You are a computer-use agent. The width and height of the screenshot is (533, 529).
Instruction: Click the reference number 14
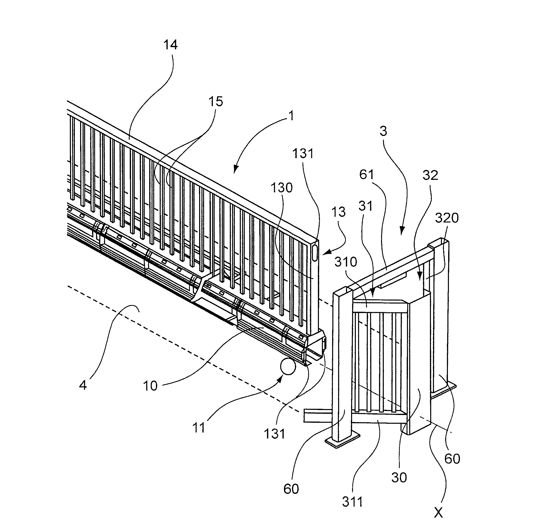click(x=170, y=45)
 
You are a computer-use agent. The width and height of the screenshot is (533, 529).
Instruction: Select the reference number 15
click(x=215, y=102)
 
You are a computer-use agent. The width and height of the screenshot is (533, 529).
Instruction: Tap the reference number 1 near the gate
click(x=291, y=116)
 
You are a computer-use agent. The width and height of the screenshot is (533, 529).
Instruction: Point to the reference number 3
click(x=383, y=131)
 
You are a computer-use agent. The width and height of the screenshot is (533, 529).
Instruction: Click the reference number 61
click(x=367, y=175)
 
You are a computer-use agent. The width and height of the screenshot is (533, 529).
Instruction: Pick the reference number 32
click(x=430, y=175)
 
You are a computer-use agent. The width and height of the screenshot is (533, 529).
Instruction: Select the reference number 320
click(x=447, y=218)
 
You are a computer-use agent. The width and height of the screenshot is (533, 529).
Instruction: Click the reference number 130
click(x=281, y=188)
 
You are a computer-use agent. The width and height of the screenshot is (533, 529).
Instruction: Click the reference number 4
click(x=83, y=385)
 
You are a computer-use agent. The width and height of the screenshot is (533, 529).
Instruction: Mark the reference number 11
click(x=199, y=428)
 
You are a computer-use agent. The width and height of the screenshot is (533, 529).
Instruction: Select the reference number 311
click(x=352, y=502)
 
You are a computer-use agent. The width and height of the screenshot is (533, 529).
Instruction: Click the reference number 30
click(x=399, y=477)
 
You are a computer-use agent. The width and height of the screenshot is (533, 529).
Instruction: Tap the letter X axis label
click(x=438, y=513)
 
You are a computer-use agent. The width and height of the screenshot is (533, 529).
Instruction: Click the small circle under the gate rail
click(x=288, y=367)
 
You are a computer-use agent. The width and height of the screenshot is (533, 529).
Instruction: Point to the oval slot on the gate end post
click(x=314, y=253)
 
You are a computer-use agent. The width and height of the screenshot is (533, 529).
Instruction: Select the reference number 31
click(x=366, y=206)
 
